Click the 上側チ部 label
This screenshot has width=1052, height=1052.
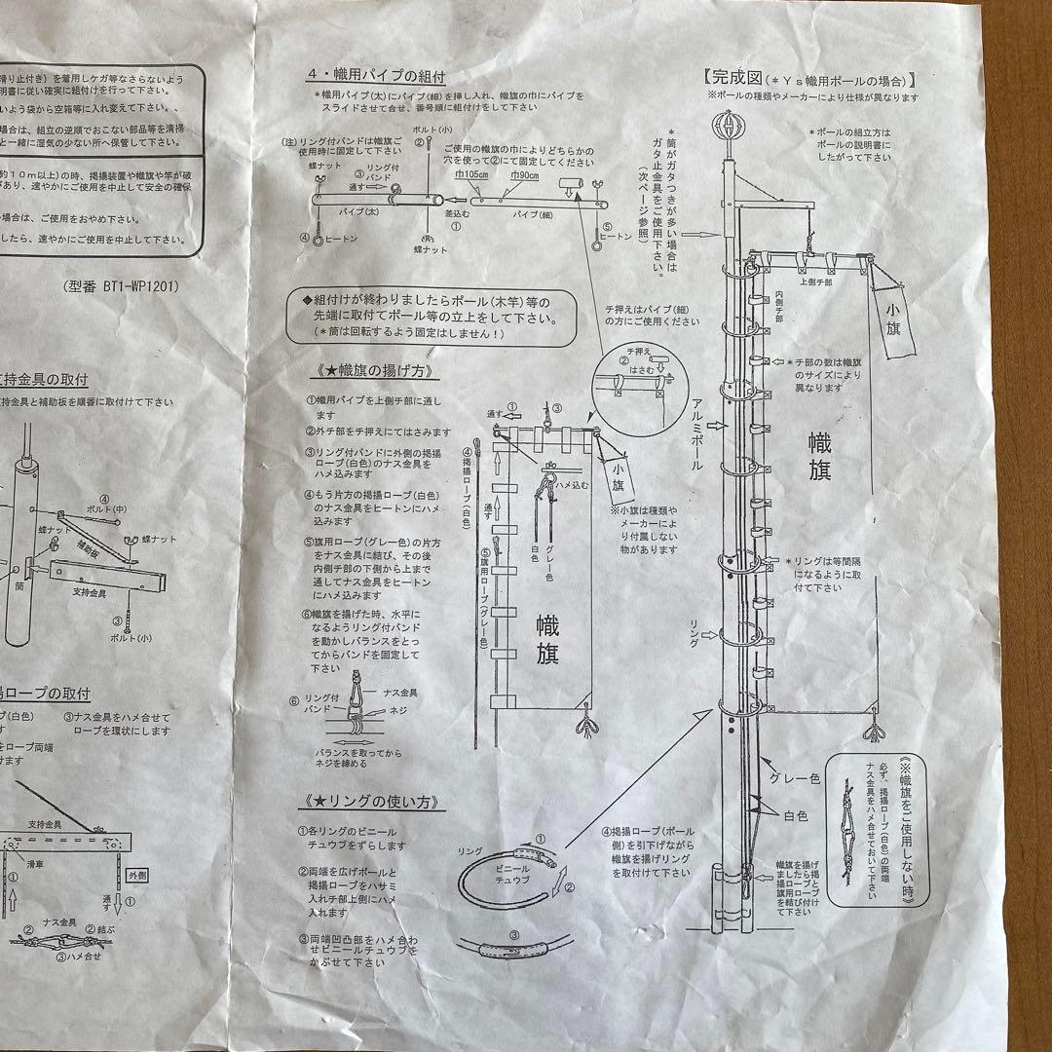click(814, 282)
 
